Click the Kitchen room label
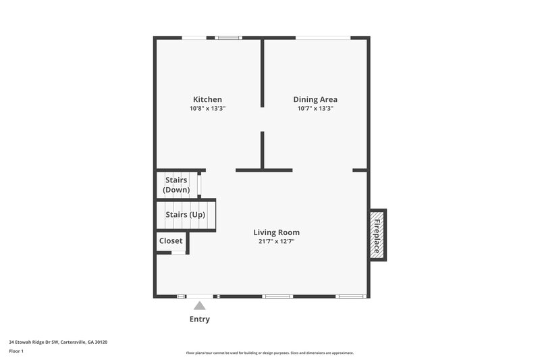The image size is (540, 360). (207, 99)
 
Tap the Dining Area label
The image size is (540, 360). (315, 99)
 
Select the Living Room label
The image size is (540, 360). (276, 232)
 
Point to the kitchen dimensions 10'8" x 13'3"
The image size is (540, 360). (207, 108)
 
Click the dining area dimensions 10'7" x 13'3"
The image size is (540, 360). (315, 108)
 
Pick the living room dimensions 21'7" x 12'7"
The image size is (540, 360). (276, 241)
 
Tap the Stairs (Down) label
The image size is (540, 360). (176, 184)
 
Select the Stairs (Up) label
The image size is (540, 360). (186, 215)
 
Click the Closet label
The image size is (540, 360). (171, 240)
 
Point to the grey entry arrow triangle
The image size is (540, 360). (199, 306)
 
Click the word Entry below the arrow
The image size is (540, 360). (199, 319)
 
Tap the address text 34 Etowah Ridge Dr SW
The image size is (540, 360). (58, 342)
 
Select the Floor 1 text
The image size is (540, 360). (16, 351)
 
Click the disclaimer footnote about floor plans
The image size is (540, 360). (269, 353)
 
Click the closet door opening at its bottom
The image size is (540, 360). (178, 253)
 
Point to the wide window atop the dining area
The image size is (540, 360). (322, 38)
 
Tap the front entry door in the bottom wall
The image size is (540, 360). (200, 296)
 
